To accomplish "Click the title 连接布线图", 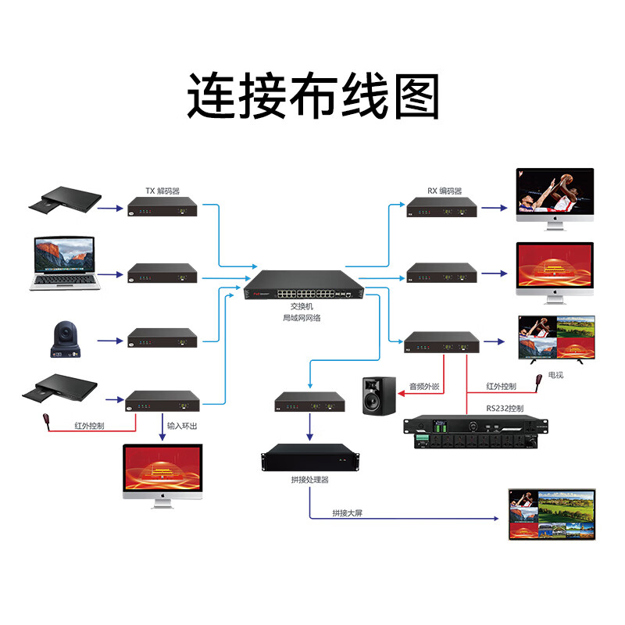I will [312, 96].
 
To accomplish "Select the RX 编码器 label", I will [444, 191].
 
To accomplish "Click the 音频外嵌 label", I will [424, 386].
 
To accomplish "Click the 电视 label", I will [555, 375].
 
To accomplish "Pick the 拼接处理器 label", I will [309, 479].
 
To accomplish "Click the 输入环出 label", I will [183, 427].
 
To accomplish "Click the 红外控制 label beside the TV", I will [502, 386].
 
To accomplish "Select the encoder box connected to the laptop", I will [162, 274].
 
